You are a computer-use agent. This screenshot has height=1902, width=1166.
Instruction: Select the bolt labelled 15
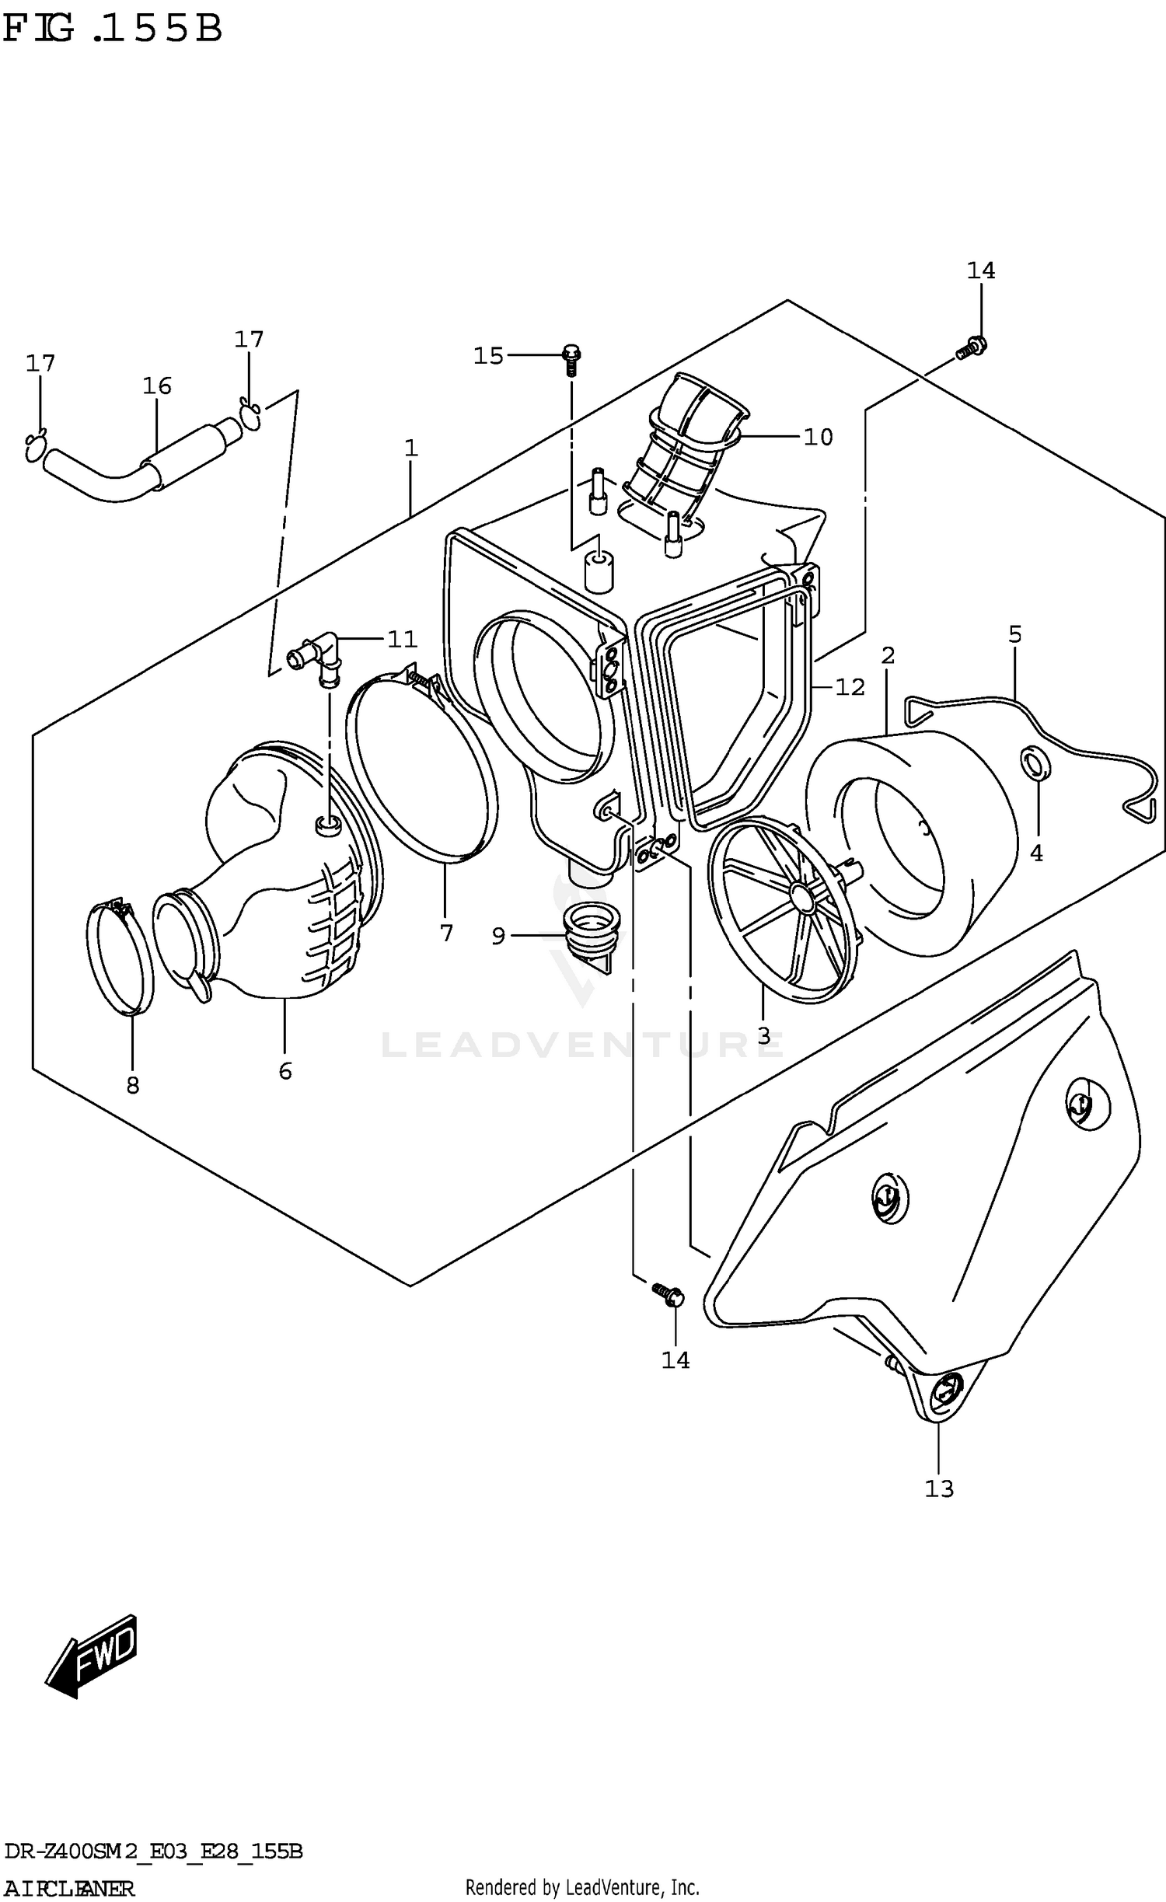(x=571, y=358)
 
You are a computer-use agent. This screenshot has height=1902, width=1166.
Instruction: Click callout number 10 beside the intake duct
(x=818, y=437)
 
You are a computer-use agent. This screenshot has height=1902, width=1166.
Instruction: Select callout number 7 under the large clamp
(x=446, y=933)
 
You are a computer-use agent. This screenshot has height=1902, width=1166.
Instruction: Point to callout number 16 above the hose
(x=156, y=386)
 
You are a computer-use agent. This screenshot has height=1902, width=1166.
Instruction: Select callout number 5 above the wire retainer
(x=1015, y=634)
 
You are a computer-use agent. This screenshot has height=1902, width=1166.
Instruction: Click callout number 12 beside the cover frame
(x=849, y=687)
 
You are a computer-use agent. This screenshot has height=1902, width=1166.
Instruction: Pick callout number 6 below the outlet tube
(x=285, y=1071)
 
